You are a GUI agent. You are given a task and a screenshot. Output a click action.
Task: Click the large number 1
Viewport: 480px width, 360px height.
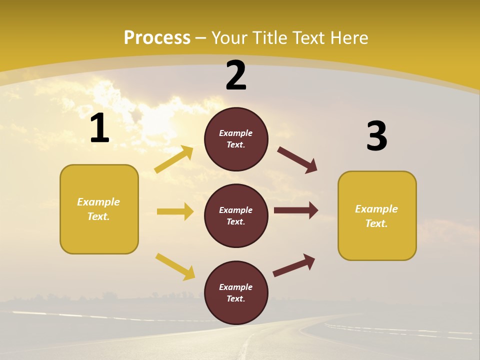pyautogui.click(x=99, y=128)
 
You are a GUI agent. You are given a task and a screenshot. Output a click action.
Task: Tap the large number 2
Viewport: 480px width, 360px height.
pyautogui.click(x=236, y=75)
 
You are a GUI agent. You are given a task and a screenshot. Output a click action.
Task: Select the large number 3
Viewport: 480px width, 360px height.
pyautogui.click(x=376, y=136)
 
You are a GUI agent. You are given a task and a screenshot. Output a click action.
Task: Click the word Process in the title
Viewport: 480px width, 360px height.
pyautogui.click(x=157, y=37)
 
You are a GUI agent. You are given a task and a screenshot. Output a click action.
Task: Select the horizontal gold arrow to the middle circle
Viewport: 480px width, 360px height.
pyautogui.click(x=175, y=211)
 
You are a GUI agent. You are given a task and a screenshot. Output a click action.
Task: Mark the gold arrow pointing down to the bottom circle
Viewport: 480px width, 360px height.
pyautogui.click(x=175, y=266)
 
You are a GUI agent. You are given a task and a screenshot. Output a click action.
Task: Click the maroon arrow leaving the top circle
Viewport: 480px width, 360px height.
pyautogui.click(x=297, y=160)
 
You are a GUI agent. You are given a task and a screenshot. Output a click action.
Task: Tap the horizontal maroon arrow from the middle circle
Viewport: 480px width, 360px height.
pyautogui.click(x=296, y=210)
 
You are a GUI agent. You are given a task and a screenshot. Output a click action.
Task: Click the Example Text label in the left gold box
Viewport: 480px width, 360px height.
pyautogui.click(x=98, y=209)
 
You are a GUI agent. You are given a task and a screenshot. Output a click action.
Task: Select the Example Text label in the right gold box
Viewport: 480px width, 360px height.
pyautogui.click(x=376, y=216)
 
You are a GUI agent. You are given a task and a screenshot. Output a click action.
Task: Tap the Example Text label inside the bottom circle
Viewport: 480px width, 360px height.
pyautogui.click(x=236, y=293)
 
